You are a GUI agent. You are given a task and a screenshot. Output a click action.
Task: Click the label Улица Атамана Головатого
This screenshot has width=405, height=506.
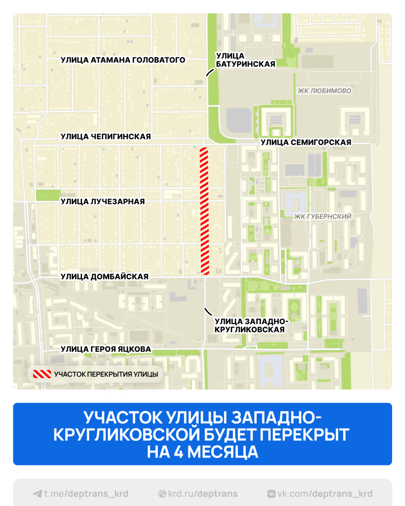pyautogui.click(x=123, y=60)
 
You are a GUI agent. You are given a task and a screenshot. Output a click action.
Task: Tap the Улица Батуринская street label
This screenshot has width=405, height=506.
pyautogui.click(x=245, y=59)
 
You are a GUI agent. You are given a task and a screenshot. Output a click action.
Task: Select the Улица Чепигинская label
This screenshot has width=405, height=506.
pyautogui.click(x=105, y=136)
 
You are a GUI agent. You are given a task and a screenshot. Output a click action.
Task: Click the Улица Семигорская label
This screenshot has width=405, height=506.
pyautogui.click(x=306, y=142)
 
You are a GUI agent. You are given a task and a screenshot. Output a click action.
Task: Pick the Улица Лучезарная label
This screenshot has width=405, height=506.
pyautogui.click(x=102, y=201)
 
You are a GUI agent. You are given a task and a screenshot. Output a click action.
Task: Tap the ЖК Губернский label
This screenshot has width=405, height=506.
pyautogui.click(x=322, y=216)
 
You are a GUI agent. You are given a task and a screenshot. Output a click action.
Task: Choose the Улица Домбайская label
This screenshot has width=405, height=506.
pyautogui.click(x=104, y=277)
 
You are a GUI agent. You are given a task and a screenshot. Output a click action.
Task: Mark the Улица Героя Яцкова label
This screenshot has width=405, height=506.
pyautogui.click(x=105, y=349)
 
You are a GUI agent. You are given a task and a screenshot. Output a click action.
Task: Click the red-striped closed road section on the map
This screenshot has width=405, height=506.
pyautogui.click(x=204, y=211)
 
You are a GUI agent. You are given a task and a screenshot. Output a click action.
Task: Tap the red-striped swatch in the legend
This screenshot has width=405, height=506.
pyautogui.click(x=42, y=374)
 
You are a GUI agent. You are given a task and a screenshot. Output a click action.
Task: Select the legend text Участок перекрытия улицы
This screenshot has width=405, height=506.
pyautogui.click(x=106, y=374)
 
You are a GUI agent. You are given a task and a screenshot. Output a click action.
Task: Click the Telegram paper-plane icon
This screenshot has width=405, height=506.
pyautogui.click(x=37, y=494)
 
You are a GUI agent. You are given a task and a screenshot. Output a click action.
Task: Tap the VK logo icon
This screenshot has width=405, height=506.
pyautogui.click(x=271, y=494)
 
